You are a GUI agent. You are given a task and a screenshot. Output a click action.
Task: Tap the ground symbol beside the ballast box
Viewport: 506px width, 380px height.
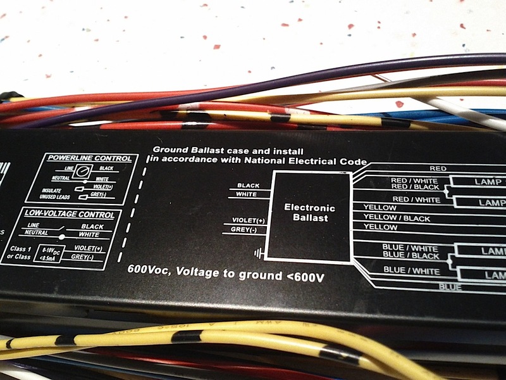coord(257,254)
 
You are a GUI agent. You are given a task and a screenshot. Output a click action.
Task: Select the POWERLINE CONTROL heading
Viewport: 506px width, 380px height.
coord(89,158)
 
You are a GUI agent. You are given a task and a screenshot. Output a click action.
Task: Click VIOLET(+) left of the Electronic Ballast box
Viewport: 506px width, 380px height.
coord(242,220)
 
